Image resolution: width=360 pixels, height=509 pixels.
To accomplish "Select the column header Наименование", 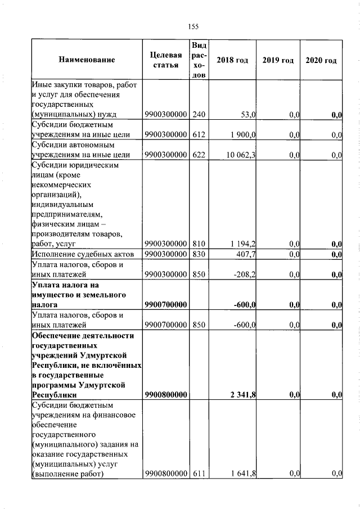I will coord(86,60).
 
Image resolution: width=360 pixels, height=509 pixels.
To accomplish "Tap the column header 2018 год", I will coord(232,60).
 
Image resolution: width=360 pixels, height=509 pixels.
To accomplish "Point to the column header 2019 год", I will coord(278,60).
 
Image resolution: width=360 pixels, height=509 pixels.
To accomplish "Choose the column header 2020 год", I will coord(321,60).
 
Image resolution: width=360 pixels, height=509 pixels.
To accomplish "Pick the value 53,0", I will coord(248,115).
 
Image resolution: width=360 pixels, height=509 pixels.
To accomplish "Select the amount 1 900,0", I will coord(242,134).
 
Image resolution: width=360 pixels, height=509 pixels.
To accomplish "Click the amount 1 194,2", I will coord(242,244).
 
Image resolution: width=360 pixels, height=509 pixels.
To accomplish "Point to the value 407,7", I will coord(246,254).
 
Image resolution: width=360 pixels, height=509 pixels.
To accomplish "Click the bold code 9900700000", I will coord(165,305).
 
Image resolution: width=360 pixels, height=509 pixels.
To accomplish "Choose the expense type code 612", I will coord(199,134).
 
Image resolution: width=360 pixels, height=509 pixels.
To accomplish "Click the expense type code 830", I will coord(199,254).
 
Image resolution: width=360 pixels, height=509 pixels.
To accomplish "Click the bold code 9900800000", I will coord(165,395).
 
